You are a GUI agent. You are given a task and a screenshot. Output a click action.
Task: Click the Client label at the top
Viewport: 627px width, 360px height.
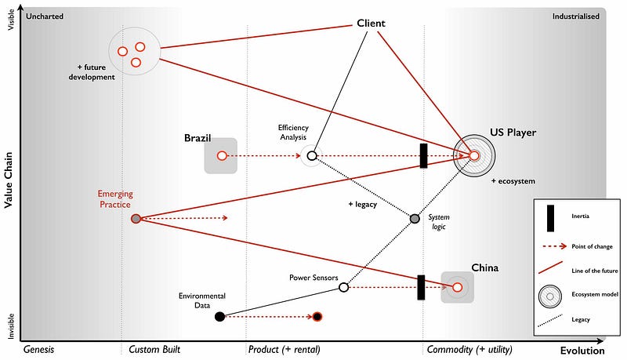tap(371, 24)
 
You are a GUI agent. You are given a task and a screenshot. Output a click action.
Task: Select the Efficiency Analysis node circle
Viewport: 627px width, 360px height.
tap(312, 156)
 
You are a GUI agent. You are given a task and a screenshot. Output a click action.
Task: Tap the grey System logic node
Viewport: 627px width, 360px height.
tap(415, 218)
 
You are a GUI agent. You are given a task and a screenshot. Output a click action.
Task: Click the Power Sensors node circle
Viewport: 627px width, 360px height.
tap(343, 288)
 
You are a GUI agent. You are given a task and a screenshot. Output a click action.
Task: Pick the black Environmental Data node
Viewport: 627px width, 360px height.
tap(220, 317)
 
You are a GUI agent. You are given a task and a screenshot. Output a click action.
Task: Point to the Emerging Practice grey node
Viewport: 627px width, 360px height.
tap(136, 219)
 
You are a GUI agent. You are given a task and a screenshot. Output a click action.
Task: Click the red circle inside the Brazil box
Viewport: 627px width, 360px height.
tap(221, 156)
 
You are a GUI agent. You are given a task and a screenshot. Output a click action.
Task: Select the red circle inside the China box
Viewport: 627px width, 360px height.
tap(458, 288)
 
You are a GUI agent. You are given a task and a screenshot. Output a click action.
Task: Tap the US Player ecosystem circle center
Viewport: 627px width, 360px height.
tap(474, 156)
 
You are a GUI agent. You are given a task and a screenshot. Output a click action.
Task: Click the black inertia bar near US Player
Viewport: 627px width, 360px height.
tap(423, 155)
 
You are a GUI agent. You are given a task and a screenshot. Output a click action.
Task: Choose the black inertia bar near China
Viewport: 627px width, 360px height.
tap(421, 287)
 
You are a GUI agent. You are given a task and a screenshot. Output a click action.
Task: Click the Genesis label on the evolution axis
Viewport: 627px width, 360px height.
tap(38, 349)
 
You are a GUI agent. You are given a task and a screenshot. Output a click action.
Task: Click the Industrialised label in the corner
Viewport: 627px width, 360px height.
tap(576, 16)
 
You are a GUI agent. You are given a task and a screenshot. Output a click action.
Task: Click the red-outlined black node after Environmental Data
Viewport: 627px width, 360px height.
tap(317, 317)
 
